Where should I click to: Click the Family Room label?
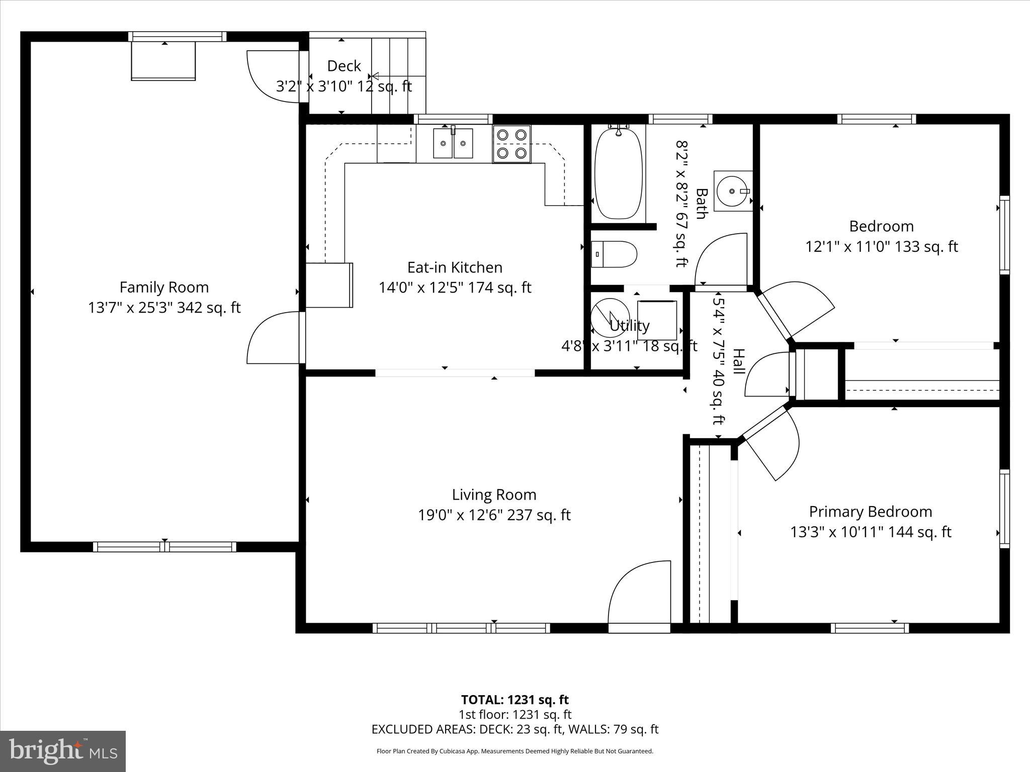pyautogui.click(x=164, y=287)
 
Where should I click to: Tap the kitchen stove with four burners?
pyautogui.click(x=511, y=144)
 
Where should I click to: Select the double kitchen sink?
pyautogui.click(x=453, y=143)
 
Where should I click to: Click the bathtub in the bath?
pyautogui.click(x=618, y=173)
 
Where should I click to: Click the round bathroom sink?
pyautogui.click(x=732, y=191)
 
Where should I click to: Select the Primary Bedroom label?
pyautogui.click(x=870, y=512)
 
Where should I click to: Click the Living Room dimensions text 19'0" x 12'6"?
pyautogui.click(x=494, y=515)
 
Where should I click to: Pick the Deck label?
pyautogui.click(x=344, y=66)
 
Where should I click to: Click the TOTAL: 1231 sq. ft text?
pyautogui.click(x=514, y=700)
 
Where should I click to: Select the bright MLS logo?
pyautogui.click(x=63, y=751)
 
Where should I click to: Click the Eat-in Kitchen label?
pyautogui.click(x=455, y=267)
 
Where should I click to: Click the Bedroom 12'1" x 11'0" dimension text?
pyautogui.click(x=881, y=247)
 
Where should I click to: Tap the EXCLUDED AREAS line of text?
pyautogui.click(x=514, y=729)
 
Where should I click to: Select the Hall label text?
pyautogui.click(x=738, y=361)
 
